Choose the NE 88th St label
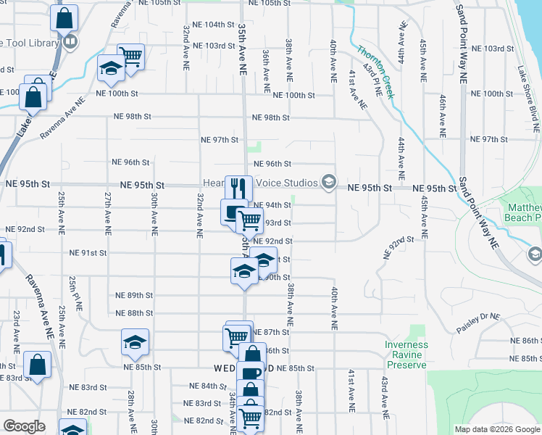pos(134,313)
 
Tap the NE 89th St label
pos(134,295)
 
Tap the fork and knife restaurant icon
pos(238,188)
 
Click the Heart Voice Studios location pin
pos(330,181)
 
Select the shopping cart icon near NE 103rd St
pos(130,56)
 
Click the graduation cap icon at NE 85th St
pos(135,342)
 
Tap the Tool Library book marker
pos(70,42)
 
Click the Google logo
pos(25,426)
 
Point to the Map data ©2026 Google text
pos(496,429)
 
